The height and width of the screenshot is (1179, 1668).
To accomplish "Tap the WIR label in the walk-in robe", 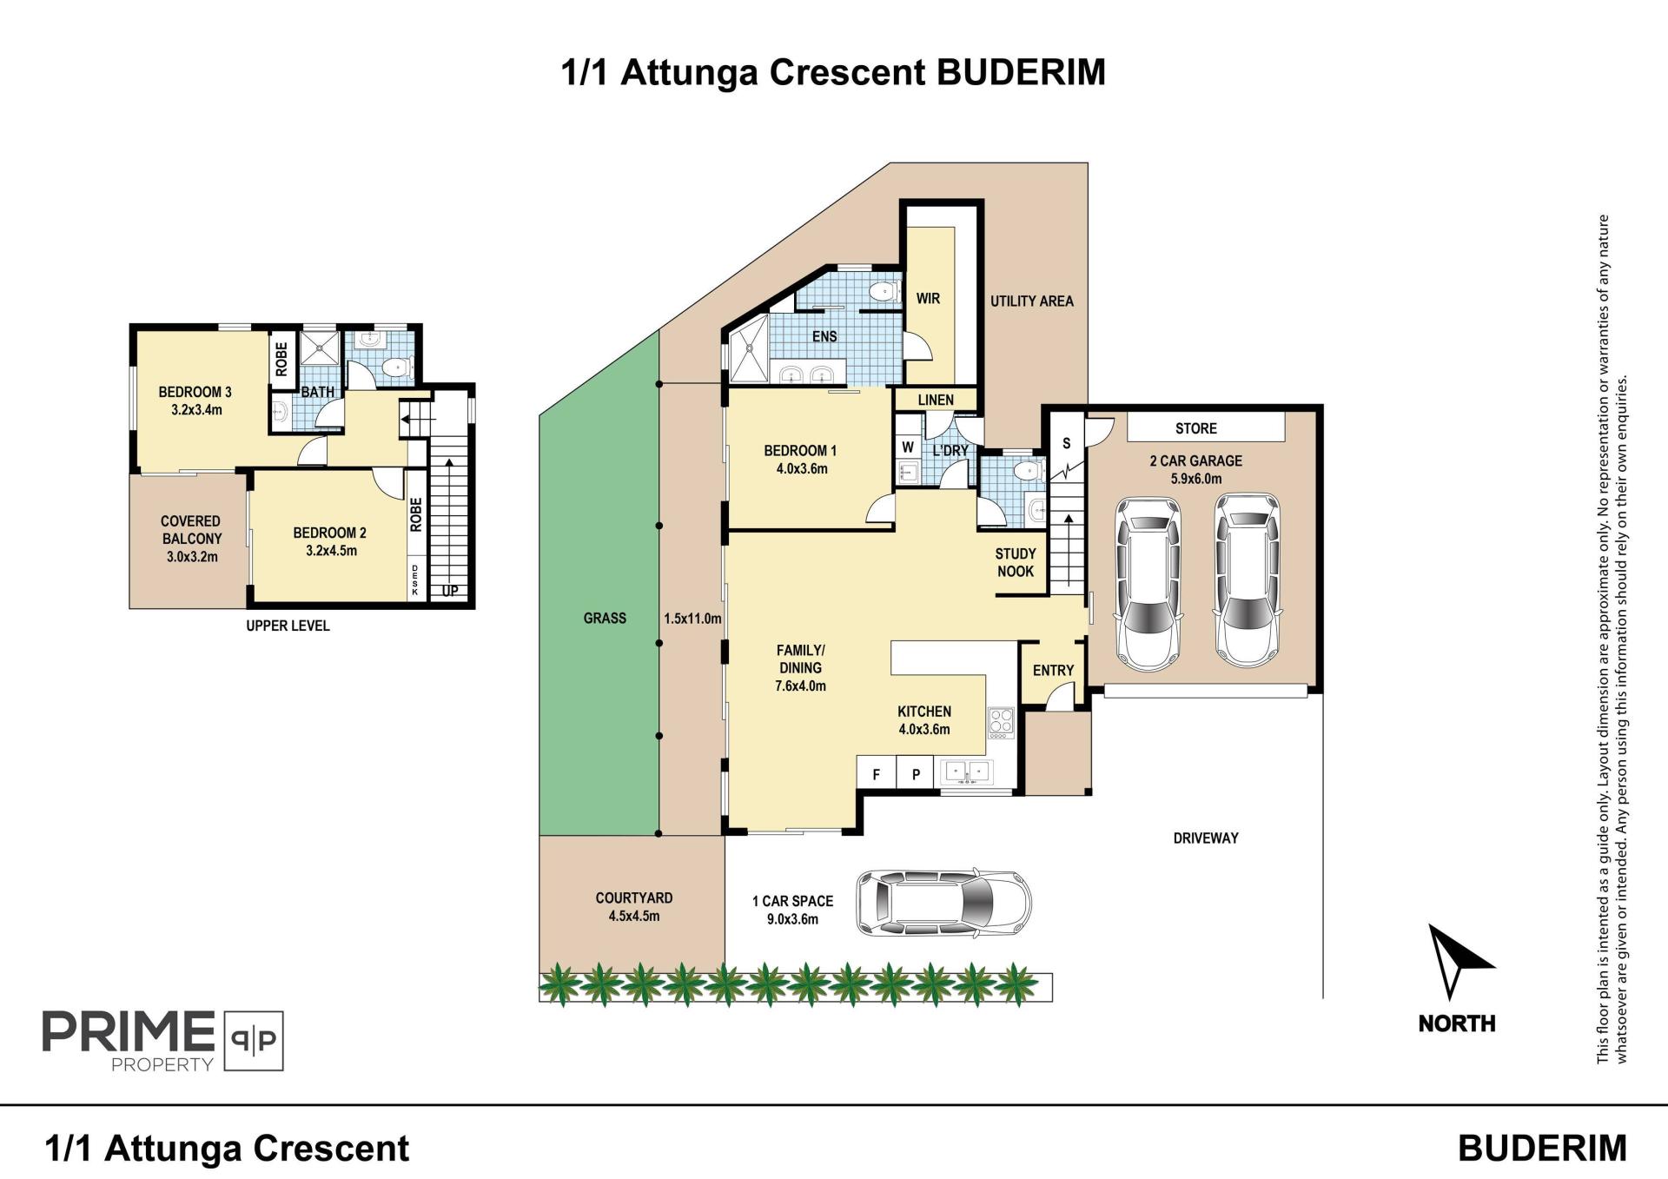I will pos(928,299).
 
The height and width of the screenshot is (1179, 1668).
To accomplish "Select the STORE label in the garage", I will pos(1195,428).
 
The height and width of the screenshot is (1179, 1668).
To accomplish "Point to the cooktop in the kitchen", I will pos(1001,722).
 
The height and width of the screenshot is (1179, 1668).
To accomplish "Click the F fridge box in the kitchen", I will pos(877,774).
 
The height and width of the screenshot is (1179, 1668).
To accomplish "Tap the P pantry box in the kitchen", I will pos(916,774).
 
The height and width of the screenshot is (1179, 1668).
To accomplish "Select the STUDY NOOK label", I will pos(1015,562).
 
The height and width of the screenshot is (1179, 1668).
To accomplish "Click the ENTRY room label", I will pos(1053,671).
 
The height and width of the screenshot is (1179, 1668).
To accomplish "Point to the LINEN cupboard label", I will pos(936,400).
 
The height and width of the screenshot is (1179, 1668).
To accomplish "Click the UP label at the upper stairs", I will pos(450,592).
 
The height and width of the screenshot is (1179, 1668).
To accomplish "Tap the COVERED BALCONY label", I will pos(191,530).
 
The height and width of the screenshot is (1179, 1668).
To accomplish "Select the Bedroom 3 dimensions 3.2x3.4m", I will pos(196,410).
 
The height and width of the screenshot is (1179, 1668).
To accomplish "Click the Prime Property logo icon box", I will pos(254,1040).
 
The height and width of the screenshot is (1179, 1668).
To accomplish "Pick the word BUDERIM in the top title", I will pos(1021,72).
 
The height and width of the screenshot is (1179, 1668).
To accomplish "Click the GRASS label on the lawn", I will pos(605,619).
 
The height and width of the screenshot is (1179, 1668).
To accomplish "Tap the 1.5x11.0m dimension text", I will pos(692,619).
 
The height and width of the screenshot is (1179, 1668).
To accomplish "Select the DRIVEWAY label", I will pos(1205,838).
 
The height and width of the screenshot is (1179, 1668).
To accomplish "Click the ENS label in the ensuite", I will pos(824,336).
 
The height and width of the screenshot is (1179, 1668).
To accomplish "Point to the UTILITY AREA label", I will pos(1031,301).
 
